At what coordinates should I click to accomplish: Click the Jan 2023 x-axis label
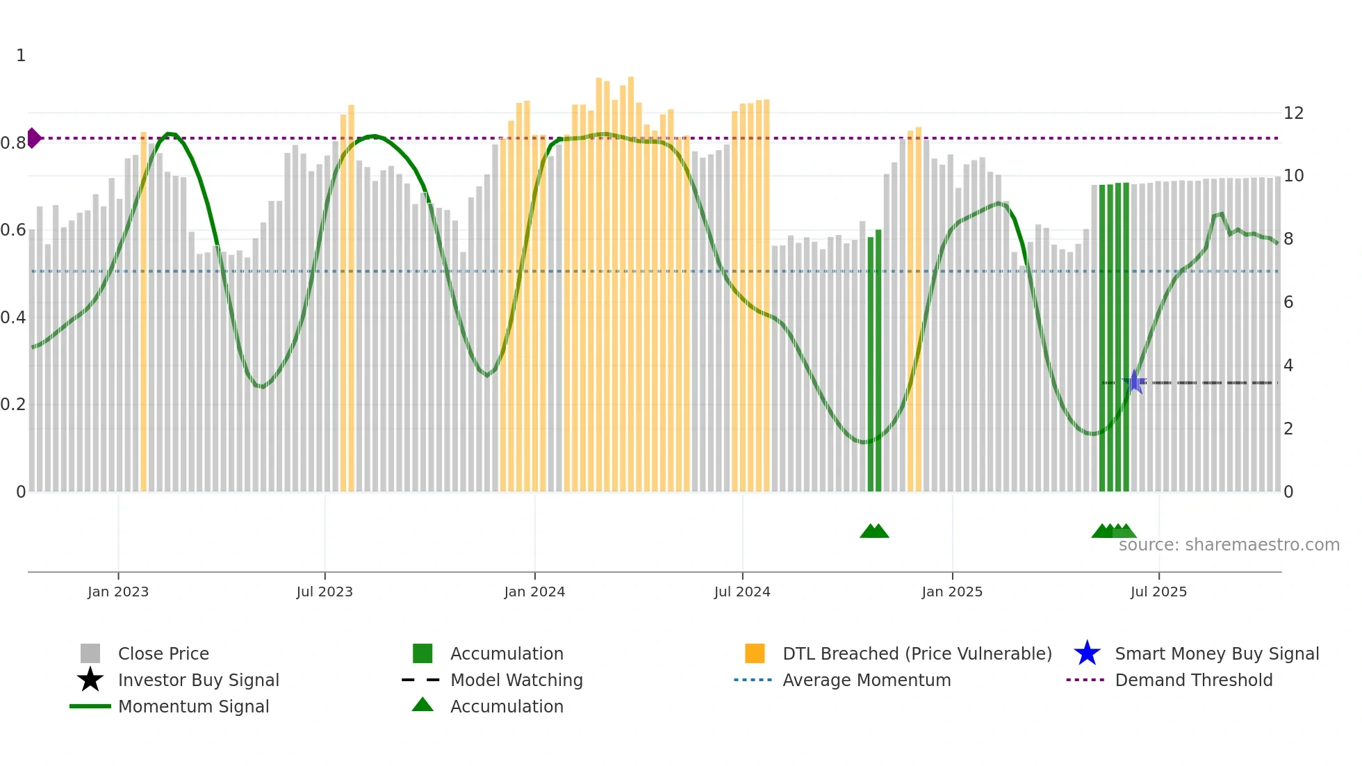tap(118, 592)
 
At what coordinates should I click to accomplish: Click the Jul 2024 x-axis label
tap(742, 592)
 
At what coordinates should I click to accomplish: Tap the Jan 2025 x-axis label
tap(952, 592)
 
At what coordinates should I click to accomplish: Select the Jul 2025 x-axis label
tap(1158, 592)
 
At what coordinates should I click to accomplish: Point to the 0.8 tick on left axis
tap(13, 143)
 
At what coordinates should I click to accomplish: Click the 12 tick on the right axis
tap(1293, 113)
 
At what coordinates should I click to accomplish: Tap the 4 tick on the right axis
tap(1288, 366)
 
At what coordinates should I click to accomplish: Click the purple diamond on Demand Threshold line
tap(33, 138)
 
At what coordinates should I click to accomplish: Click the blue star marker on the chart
tap(1135, 382)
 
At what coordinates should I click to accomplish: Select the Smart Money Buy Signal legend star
tap(1087, 653)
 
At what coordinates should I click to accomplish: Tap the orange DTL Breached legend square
tap(755, 653)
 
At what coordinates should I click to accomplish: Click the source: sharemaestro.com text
tap(1229, 545)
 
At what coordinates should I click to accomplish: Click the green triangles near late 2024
tap(874, 531)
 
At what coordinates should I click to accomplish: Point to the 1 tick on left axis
tap(21, 56)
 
